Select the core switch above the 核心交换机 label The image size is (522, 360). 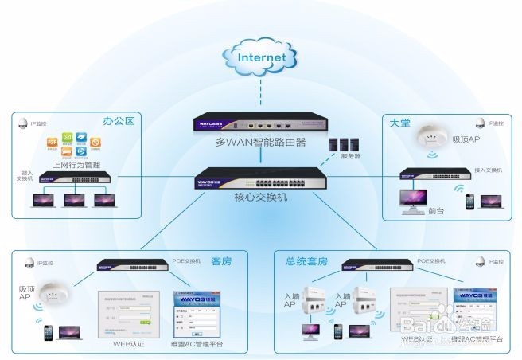click(260, 178)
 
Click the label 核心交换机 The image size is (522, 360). click(260, 196)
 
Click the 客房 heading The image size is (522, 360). click(221, 260)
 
